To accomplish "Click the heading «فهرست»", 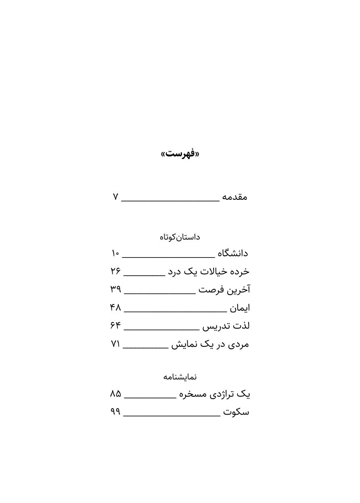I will (x=180, y=153).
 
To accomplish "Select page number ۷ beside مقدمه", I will (x=115, y=197).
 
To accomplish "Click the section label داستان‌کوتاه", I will (x=180, y=237).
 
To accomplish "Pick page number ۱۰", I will (x=115, y=254).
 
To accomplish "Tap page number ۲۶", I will (x=115, y=271).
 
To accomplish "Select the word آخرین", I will (x=239, y=289).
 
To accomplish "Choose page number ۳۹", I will (x=115, y=289).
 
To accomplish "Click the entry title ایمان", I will (x=240, y=308).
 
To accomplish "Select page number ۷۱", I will (x=115, y=344).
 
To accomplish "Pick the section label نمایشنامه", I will (x=180, y=377).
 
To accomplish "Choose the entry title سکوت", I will (x=236, y=412).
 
